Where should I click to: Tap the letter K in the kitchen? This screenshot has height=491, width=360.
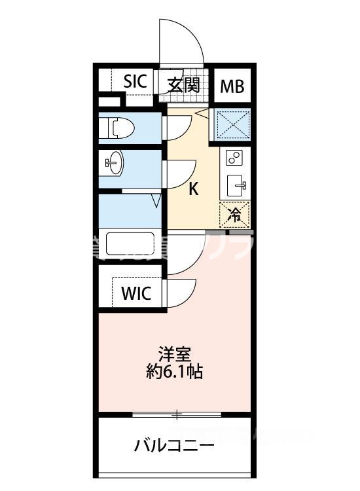point(194,189)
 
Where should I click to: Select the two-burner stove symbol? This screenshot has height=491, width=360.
point(234,157)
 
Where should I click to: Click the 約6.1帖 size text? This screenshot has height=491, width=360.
point(175,373)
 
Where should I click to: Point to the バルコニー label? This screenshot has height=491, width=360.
point(174,447)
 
